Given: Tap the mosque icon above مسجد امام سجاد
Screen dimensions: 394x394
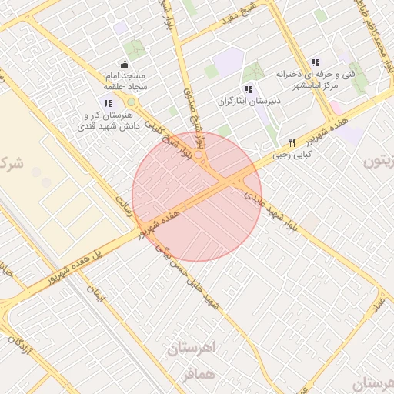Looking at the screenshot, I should pos(125,64).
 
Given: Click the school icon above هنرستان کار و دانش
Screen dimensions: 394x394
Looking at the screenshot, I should pos(108,102).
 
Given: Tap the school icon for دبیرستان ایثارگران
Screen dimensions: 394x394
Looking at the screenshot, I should pos(246,89).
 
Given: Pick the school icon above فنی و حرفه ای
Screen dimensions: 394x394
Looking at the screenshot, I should pos(316,62).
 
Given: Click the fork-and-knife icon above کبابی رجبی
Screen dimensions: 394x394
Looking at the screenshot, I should pos(292,142).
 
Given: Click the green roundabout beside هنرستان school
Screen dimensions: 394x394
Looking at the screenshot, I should pos(131,102).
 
